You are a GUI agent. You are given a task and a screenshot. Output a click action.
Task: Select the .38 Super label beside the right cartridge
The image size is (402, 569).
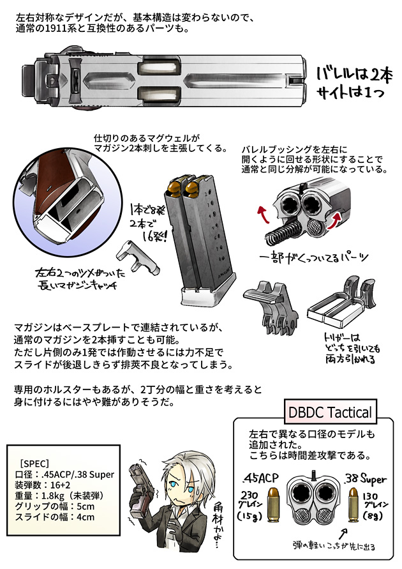[363, 479]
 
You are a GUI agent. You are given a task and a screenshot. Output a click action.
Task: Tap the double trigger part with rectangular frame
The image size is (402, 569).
[335, 308]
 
